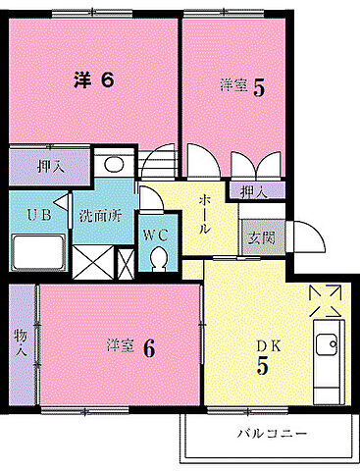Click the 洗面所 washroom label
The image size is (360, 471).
coord(102,216)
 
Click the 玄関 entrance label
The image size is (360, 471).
coord(259,235)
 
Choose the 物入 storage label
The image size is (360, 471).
coord(21,347)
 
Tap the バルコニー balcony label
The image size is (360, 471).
coord(272,433)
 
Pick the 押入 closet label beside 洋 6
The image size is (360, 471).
coord(51,165)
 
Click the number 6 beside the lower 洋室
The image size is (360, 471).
coord(148,347)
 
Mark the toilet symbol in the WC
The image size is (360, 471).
coord(159,257)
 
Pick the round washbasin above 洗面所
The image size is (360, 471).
coord(113,165)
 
